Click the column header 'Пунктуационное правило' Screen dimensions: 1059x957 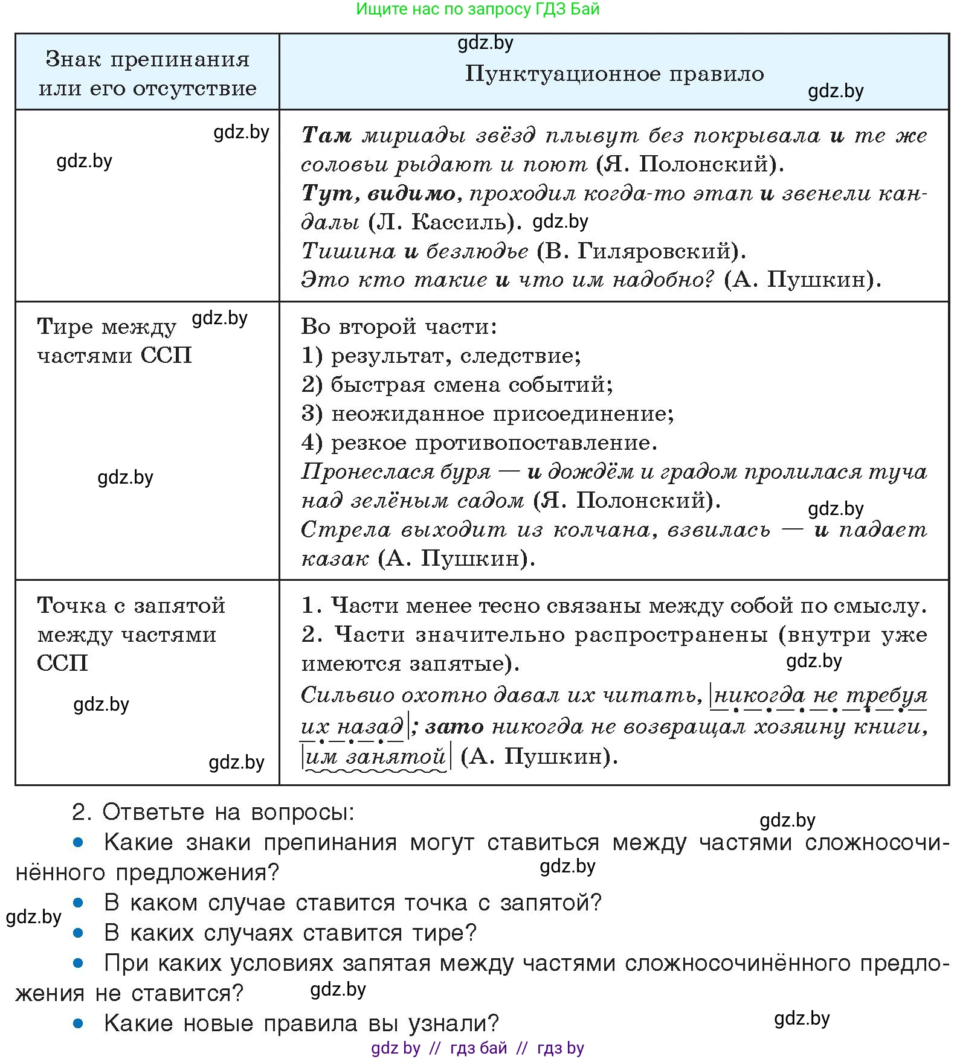pos(614,74)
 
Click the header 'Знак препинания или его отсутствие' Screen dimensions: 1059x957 pos(147,74)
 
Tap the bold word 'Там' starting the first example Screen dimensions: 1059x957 pos(327,135)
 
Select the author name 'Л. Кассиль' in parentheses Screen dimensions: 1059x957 pos(444,222)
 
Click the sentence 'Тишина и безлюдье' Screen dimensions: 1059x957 pos(414,251)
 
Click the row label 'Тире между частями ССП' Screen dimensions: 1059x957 pos(114,341)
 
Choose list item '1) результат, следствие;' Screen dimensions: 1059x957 pos(441,356)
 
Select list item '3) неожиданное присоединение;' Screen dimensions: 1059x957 pos(488,414)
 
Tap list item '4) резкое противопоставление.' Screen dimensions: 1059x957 pos(479,443)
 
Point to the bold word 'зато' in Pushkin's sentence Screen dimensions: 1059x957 pos(454,726)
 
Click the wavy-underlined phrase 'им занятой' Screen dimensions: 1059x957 pos(375,757)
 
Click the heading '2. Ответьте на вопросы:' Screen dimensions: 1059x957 pos(213,812)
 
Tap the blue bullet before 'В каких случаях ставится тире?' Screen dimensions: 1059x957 pos(78,933)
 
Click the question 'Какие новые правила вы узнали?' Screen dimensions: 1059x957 pos(301,1023)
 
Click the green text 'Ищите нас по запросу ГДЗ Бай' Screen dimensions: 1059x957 pos(477,9)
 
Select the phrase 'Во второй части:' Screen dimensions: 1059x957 pos(399,327)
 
